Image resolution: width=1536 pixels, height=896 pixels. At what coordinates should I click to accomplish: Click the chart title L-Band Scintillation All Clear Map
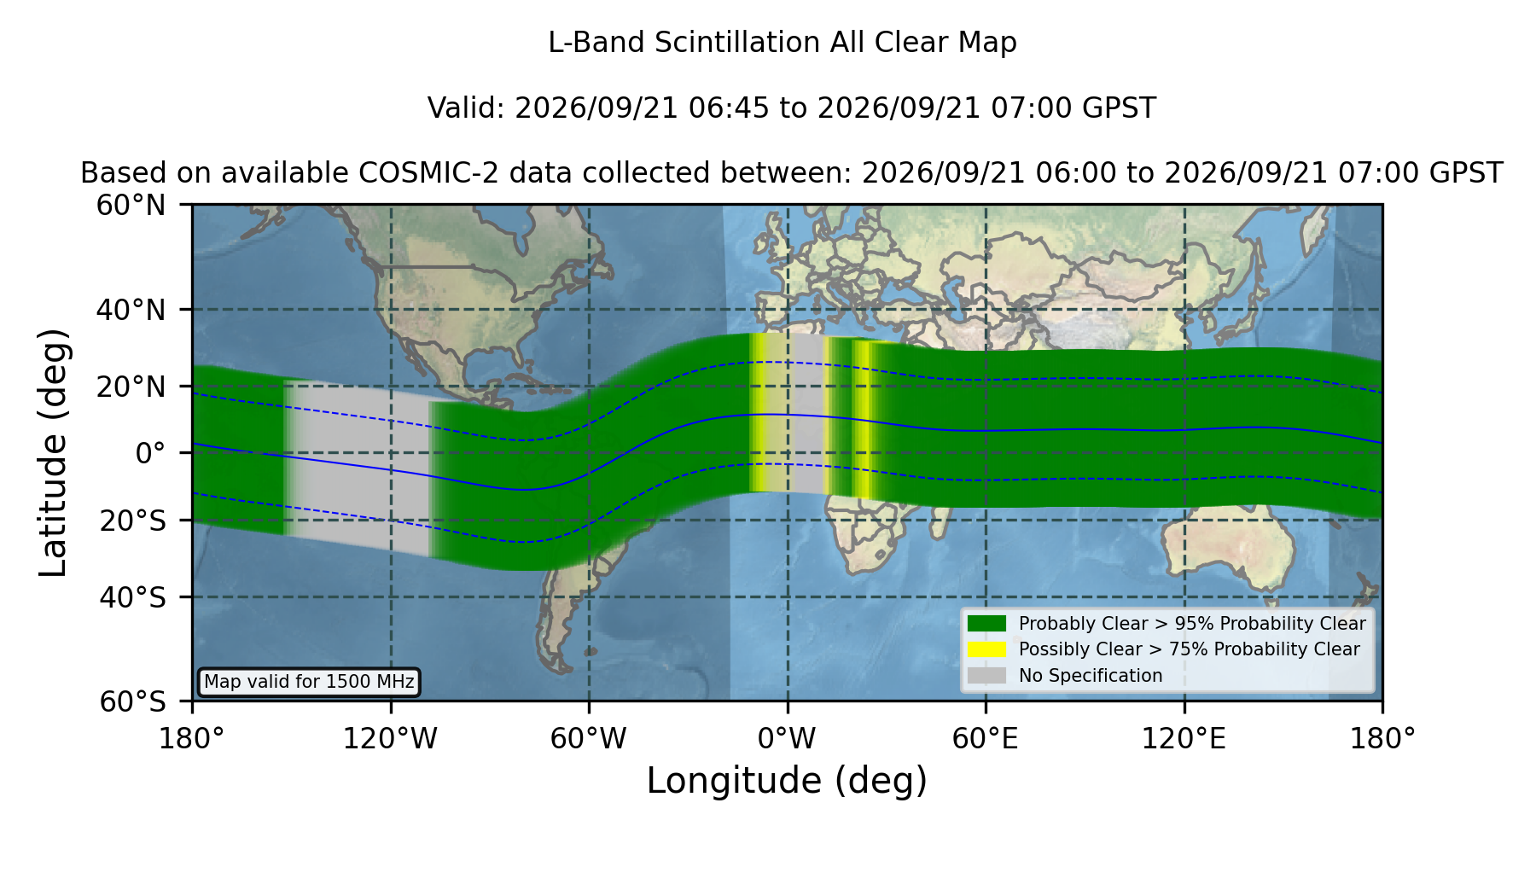tap(783, 43)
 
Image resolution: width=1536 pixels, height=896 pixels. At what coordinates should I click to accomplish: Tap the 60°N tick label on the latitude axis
tap(131, 206)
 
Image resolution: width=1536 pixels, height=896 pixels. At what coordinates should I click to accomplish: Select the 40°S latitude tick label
tap(132, 597)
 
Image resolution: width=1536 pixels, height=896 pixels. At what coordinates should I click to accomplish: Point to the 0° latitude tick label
tap(150, 453)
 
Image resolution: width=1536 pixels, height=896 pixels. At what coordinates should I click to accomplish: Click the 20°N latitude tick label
tap(131, 387)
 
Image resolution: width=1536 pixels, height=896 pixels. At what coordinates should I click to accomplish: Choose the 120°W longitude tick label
tap(390, 739)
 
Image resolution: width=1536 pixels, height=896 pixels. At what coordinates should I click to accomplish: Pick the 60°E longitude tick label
tap(986, 739)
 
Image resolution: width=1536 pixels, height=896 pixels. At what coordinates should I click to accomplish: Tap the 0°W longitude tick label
tap(787, 739)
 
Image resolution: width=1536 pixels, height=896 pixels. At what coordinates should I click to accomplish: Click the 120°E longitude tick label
tap(1184, 739)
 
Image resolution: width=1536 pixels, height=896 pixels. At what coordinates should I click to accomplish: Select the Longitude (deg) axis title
tap(787, 781)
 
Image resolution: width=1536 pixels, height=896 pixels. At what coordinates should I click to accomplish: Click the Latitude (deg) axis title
tap(53, 452)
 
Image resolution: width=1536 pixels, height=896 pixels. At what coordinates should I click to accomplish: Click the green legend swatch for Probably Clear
tap(987, 623)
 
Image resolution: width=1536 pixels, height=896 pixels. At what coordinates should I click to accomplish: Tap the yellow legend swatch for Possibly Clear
tap(987, 649)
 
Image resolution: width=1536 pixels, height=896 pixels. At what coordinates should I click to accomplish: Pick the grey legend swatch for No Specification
tap(987, 676)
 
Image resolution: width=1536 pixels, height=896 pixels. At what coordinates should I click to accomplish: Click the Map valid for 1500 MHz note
tap(309, 682)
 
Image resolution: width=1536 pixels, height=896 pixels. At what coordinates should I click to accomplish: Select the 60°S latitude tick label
tap(132, 701)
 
